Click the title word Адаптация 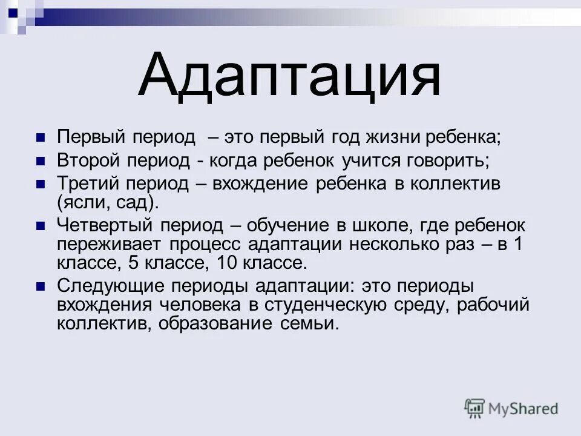tap(289, 76)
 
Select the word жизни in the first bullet tap(389, 137)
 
